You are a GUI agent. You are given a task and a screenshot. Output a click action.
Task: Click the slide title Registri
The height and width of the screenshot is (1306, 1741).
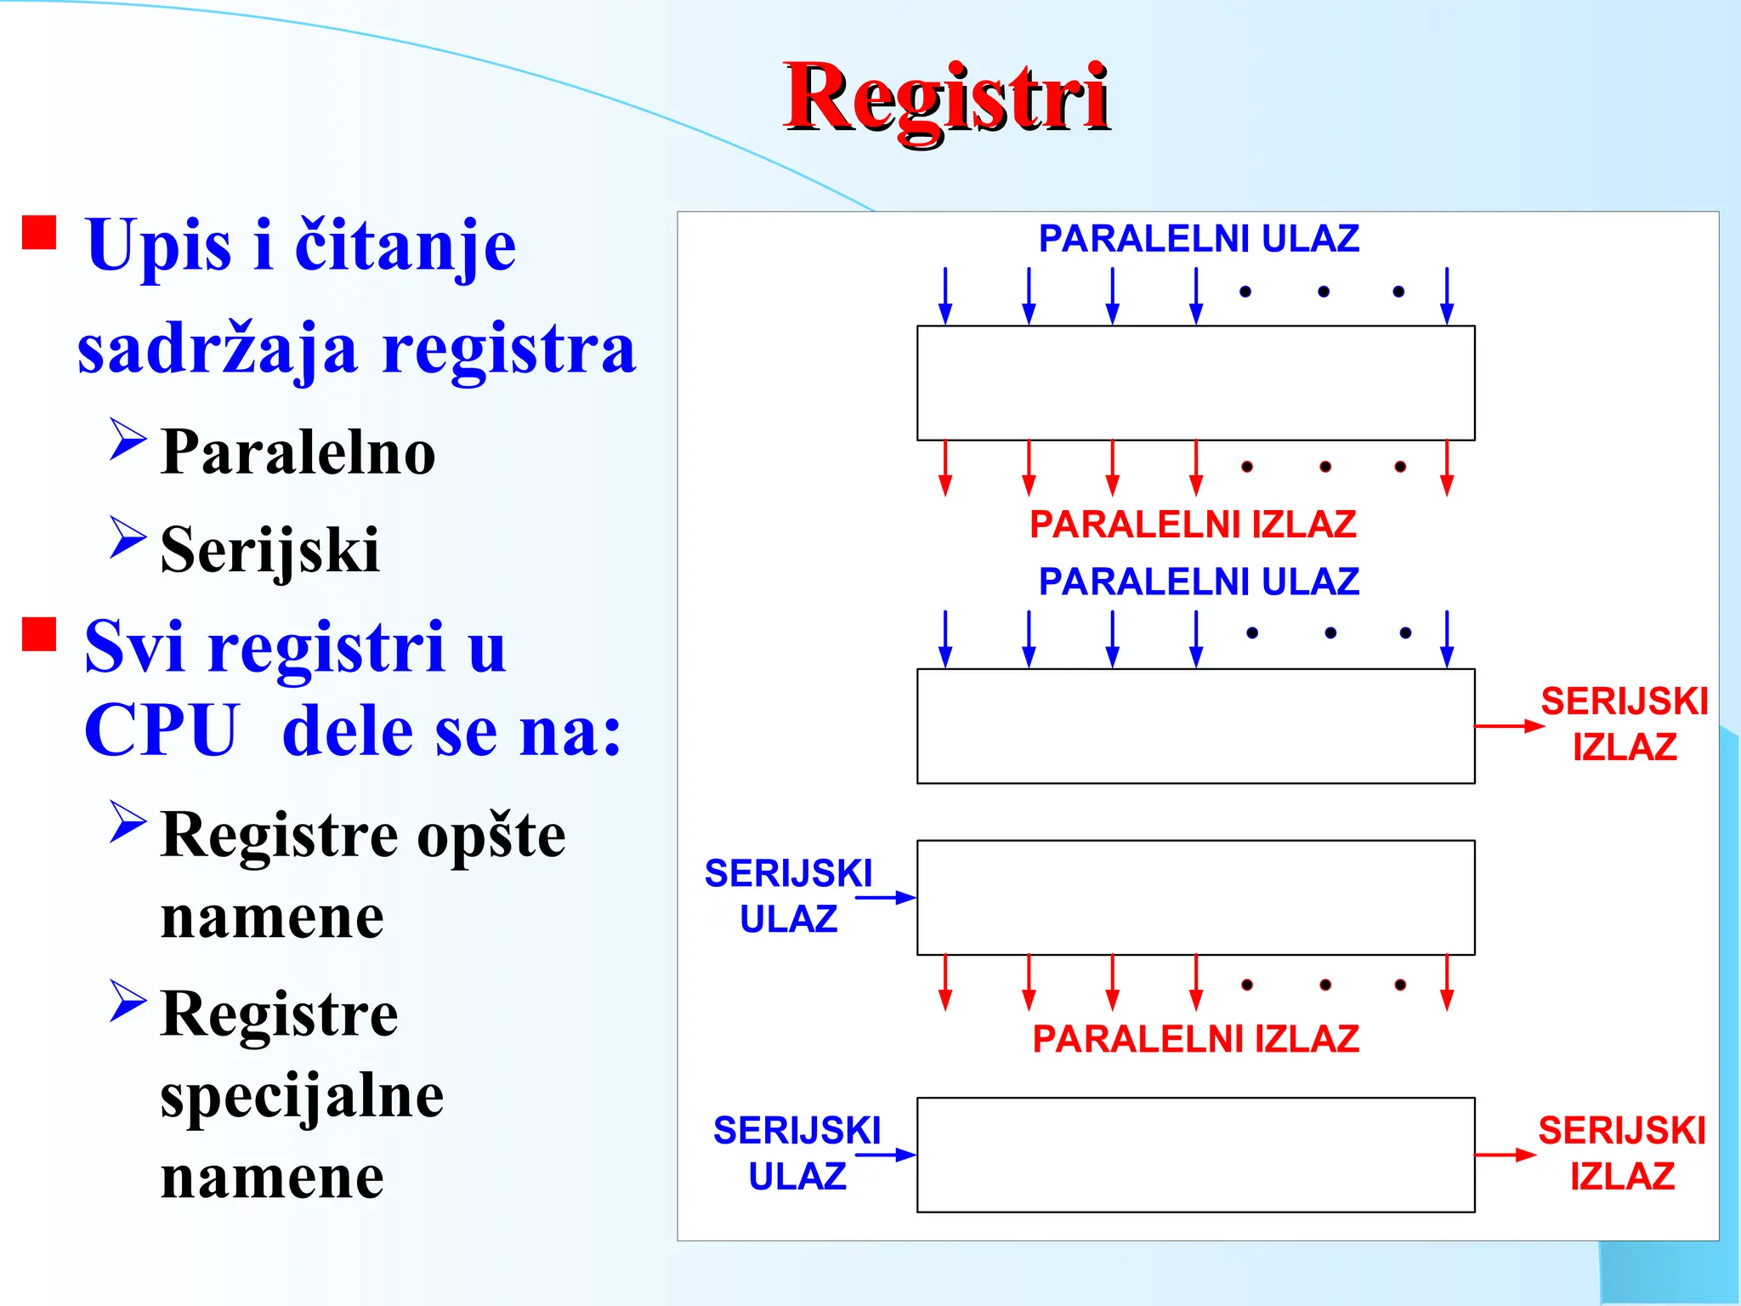tap(945, 98)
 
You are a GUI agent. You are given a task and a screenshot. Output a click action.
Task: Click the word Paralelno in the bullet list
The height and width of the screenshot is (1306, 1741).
tap(298, 451)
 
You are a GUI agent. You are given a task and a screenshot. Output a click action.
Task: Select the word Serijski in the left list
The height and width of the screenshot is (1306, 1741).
tap(269, 550)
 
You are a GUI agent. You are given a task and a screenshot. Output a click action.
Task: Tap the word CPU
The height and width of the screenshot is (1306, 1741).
tap(162, 730)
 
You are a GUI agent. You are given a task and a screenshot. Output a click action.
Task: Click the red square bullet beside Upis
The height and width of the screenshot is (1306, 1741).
tap(39, 232)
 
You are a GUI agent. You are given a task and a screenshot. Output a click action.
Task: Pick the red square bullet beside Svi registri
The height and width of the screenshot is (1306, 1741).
tap(39, 634)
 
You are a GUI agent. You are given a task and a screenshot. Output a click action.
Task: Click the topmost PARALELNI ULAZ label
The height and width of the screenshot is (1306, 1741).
tap(1199, 239)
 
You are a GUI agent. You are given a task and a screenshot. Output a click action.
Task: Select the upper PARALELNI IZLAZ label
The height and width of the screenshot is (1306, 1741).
tap(1193, 525)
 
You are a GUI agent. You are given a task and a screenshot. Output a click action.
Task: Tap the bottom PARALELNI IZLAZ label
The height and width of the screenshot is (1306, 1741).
tap(1195, 1039)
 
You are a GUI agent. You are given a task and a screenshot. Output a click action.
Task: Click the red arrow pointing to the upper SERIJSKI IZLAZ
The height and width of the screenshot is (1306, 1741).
tap(1508, 726)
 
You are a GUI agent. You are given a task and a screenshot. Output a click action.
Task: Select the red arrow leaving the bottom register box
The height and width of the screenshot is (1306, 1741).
tap(1505, 1155)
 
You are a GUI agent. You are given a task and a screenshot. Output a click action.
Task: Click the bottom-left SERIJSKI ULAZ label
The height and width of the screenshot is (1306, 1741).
tap(797, 1153)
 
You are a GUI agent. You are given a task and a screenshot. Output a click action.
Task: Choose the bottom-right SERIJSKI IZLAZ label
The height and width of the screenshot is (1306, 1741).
tap(1622, 1153)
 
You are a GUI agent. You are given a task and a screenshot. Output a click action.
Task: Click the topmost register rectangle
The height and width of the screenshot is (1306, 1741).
tap(1195, 383)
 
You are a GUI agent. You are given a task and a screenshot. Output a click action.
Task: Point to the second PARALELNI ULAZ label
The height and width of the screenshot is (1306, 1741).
tap(1199, 582)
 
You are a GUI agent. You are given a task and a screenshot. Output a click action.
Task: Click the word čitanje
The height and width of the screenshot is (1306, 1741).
tap(405, 245)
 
